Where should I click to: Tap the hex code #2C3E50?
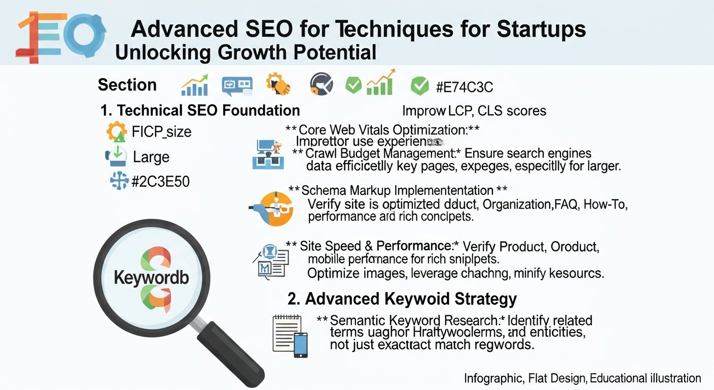point(160,181)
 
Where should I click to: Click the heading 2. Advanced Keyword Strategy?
point(402,299)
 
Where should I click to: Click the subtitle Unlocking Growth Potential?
point(246,52)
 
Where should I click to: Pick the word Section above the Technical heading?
point(127,85)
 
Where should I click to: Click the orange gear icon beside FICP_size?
point(117,132)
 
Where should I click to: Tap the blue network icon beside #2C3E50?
point(119,181)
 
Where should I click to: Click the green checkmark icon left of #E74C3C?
point(419,86)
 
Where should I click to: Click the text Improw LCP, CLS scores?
point(474,111)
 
